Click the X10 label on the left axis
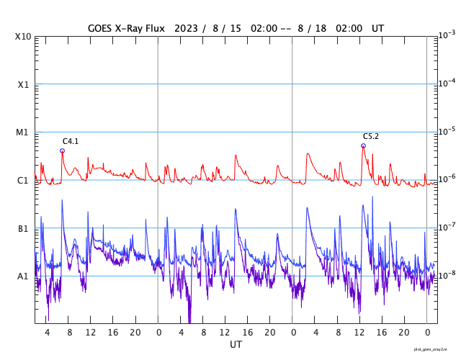[x=24, y=37]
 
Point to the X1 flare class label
[x=24, y=85]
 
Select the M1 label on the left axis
[x=24, y=132]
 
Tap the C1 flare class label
[x=24, y=181]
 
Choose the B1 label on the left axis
[x=24, y=229]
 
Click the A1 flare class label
[x=24, y=276]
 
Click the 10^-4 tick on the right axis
[x=447, y=83]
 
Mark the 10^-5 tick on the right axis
[x=447, y=131]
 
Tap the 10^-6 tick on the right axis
[x=447, y=179]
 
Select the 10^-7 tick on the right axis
[x=447, y=227]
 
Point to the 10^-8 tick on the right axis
[x=447, y=274]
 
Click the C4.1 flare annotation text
[x=71, y=141]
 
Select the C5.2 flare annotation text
[x=371, y=136]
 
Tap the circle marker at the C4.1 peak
[x=62, y=150]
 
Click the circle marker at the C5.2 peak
[x=363, y=145]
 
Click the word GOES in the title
[x=102, y=28]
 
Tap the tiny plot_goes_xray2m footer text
[x=436, y=348]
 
